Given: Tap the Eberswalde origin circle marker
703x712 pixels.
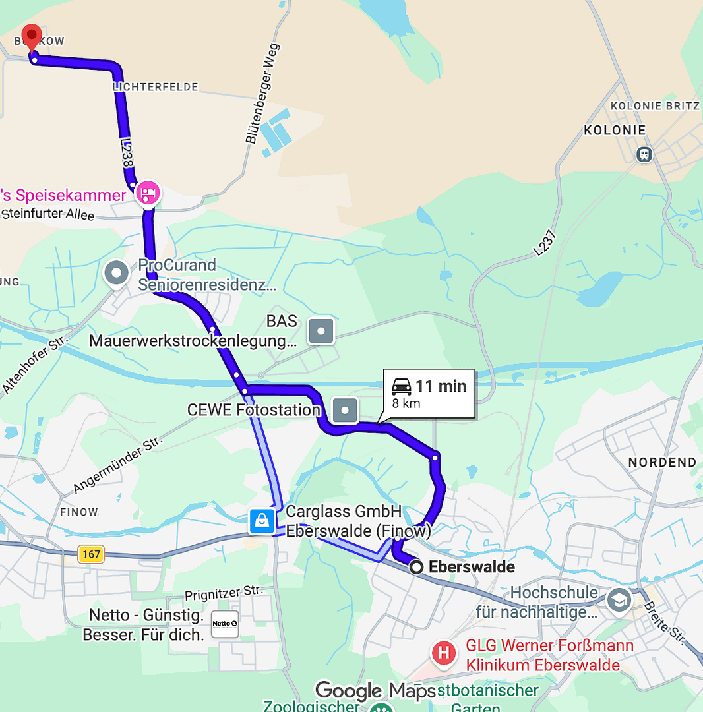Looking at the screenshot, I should tap(417, 567).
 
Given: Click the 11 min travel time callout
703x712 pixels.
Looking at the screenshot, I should tap(429, 394).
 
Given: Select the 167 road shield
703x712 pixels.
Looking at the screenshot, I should tap(91, 554).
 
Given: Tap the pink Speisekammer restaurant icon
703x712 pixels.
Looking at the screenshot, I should tap(148, 194).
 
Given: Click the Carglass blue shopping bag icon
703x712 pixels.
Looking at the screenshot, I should tap(262, 521).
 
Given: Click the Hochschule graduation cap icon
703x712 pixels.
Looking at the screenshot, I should tap(619, 600).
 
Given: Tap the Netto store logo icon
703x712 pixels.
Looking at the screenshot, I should tap(225, 624).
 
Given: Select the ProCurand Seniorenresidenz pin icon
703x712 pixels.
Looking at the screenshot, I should tap(117, 273).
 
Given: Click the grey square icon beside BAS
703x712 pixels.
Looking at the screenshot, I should tap(321, 331).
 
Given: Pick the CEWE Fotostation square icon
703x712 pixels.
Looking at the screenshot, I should tap(345, 410).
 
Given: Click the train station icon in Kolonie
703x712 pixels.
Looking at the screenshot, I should tap(644, 154).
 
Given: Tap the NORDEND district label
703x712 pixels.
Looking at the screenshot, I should tap(661, 462).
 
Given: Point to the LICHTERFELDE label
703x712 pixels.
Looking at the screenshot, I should tap(155, 87).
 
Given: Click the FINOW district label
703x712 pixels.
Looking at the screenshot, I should tap(79, 512).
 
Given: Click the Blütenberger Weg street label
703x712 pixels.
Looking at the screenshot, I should tap(262, 93).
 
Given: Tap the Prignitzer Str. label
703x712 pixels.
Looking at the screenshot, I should tap(224, 595).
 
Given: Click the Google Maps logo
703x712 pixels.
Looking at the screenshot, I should tap(375, 691).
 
